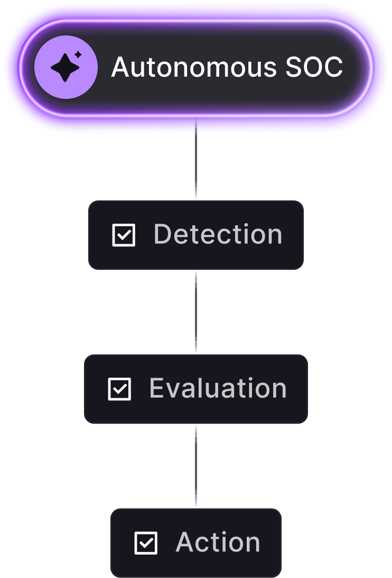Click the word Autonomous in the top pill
click(194, 68)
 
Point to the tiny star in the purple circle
click(78, 54)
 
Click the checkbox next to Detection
click(124, 235)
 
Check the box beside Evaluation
click(119, 389)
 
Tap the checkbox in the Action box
click(146, 543)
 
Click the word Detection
click(218, 234)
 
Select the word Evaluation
click(218, 388)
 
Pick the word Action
click(218, 542)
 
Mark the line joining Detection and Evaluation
click(196, 312)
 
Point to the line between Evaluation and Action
click(196, 466)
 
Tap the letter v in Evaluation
click(173, 389)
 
